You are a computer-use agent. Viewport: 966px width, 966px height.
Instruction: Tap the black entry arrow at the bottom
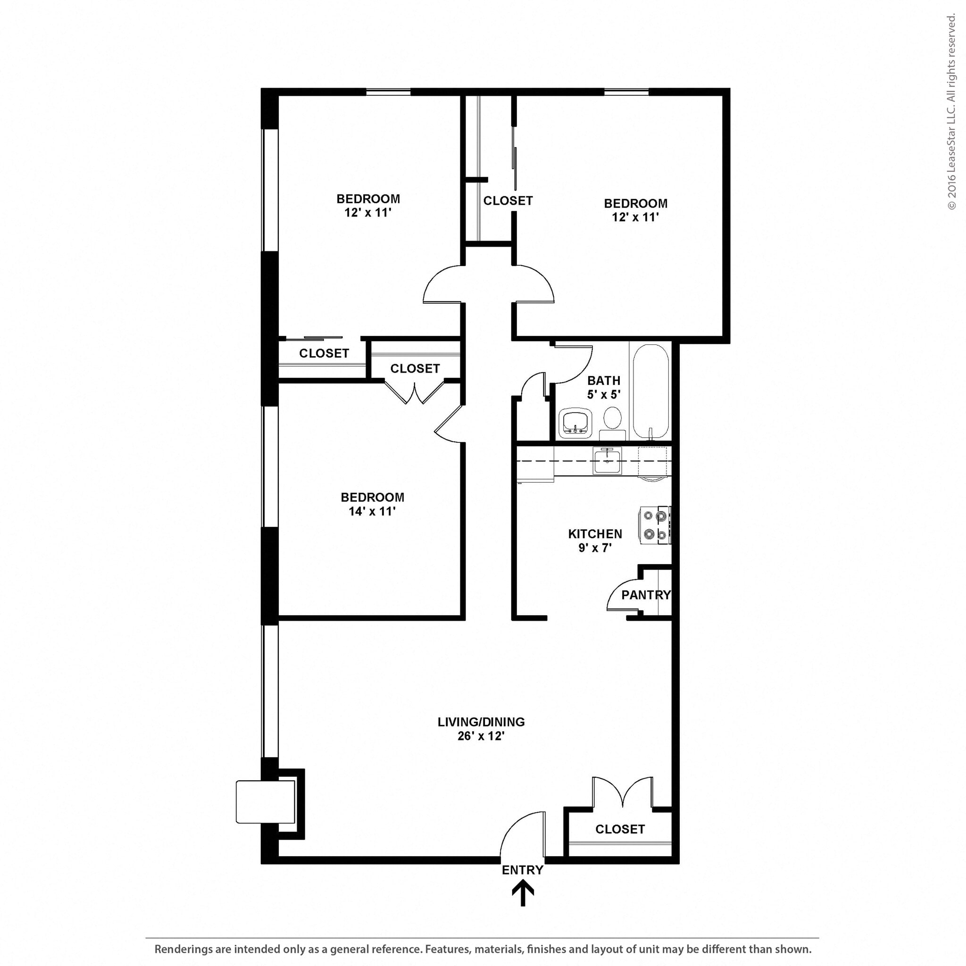[x=523, y=893]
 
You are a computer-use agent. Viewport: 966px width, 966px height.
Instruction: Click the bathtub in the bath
[x=651, y=391]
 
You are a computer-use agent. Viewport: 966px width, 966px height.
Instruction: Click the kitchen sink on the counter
[x=607, y=460]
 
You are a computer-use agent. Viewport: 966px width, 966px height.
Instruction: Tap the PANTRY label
[x=646, y=595]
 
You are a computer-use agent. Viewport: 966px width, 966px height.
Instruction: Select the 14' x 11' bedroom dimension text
[x=372, y=511]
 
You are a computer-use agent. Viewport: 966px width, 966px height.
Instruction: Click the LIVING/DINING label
[x=481, y=722]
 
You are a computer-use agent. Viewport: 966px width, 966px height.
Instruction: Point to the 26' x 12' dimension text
[x=481, y=736]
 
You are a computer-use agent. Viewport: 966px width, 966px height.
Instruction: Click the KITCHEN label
[x=595, y=534]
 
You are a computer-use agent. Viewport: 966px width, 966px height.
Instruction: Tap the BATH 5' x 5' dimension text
[x=603, y=394]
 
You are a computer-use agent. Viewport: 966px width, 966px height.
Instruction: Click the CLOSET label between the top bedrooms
[x=508, y=200]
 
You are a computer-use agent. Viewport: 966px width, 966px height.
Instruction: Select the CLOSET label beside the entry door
[x=619, y=830]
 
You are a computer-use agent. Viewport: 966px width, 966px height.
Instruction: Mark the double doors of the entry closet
[x=623, y=792]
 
